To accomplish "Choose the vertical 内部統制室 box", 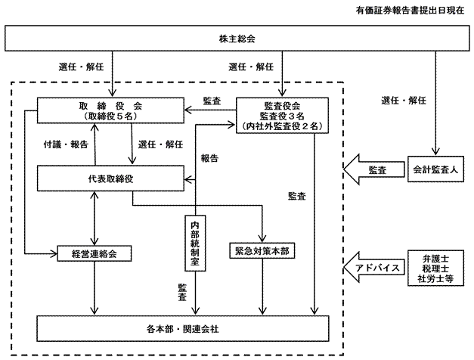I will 194,242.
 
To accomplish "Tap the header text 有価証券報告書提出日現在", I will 412,11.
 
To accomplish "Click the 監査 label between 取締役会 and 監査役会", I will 212,100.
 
